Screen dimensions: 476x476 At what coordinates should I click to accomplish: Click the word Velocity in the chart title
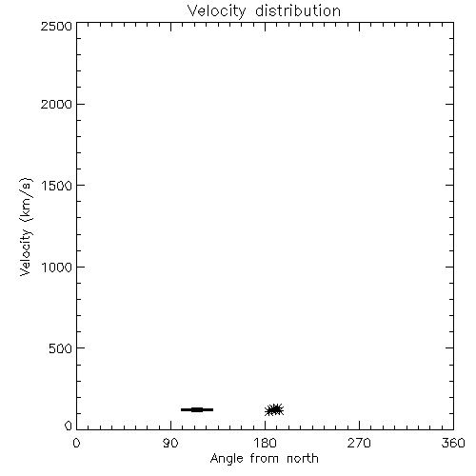tap(217, 11)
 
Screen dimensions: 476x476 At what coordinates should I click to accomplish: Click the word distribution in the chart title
tap(298, 10)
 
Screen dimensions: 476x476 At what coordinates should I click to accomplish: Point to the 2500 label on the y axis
tap(56, 26)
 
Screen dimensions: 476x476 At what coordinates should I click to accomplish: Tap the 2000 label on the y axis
tap(56, 104)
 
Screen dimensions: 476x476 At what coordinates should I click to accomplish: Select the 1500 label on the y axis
tap(57, 186)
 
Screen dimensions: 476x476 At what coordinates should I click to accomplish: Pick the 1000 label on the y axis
tap(57, 267)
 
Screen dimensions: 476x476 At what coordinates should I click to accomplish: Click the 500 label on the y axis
tap(61, 348)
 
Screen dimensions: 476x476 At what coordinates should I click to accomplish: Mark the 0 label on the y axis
tap(69, 426)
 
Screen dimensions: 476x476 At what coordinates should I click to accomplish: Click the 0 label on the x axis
tap(76, 443)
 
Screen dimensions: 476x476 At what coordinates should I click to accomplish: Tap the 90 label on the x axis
tap(170, 443)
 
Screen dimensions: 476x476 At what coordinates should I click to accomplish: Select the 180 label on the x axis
tap(265, 443)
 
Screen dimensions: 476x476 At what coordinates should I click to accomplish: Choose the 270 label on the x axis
tap(359, 443)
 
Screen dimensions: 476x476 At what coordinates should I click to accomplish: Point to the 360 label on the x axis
tap(453, 443)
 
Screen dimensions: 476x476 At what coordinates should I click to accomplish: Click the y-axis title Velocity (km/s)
tap(26, 227)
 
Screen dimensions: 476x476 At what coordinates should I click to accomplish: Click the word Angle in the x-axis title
tap(227, 459)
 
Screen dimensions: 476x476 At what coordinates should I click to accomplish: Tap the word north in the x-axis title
tap(303, 458)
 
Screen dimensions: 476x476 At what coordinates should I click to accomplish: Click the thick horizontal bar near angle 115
tap(197, 409)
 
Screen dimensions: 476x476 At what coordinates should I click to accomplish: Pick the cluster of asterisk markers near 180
tap(274, 410)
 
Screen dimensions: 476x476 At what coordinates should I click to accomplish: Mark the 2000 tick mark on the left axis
tap(81, 104)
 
